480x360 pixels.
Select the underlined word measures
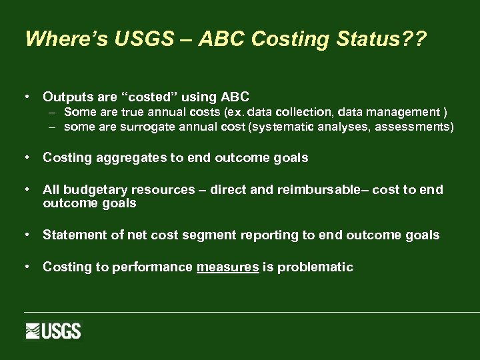click(227, 267)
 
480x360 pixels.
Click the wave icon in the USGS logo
click(34, 331)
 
